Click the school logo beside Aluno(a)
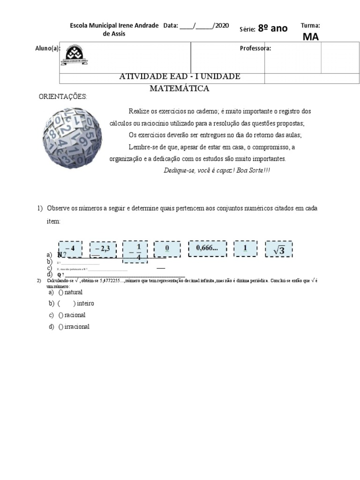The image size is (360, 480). (x=75, y=54)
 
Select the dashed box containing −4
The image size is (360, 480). (x=70, y=248)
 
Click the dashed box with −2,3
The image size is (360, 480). (x=102, y=249)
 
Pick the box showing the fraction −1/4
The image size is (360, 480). (x=135, y=252)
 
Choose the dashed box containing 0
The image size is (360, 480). (x=166, y=249)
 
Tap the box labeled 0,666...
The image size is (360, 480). (x=207, y=248)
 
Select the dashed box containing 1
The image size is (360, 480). (x=245, y=248)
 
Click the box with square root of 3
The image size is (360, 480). (x=279, y=249)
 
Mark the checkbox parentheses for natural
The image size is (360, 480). (x=60, y=292)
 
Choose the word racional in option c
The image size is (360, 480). (x=75, y=315)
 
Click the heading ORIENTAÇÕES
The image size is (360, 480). (x=62, y=97)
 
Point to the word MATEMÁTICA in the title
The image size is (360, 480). (x=180, y=88)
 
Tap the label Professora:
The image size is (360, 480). (x=255, y=48)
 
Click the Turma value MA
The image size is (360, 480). (x=310, y=37)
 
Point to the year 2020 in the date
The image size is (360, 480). (x=221, y=26)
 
